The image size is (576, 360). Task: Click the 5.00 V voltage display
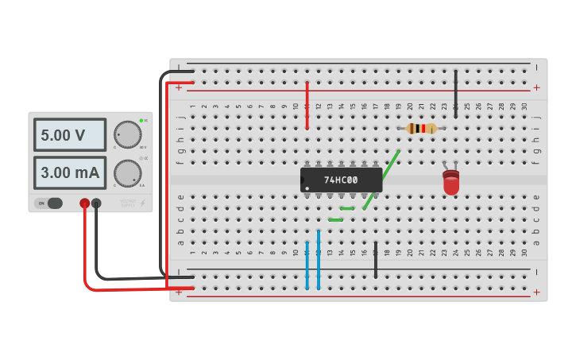(x=70, y=135)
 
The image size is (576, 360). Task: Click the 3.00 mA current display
(x=70, y=172)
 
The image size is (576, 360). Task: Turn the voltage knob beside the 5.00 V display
(x=127, y=134)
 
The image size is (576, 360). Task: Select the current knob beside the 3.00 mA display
(x=127, y=172)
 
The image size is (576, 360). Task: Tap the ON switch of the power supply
(x=49, y=203)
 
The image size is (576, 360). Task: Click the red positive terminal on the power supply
(x=84, y=203)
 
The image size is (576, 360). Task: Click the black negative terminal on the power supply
(x=96, y=203)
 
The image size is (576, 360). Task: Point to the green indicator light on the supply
(x=141, y=120)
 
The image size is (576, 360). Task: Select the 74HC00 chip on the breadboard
(x=341, y=180)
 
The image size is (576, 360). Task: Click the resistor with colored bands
(x=421, y=128)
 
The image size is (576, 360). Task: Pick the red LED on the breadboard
(x=451, y=183)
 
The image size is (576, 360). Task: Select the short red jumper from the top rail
(x=307, y=105)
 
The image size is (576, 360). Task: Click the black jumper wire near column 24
(x=455, y=94)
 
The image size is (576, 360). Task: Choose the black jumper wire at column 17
(x=376, y=260)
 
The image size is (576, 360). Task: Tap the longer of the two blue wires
(x=318, y=260)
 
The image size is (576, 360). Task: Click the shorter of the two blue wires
(x=307, y=265)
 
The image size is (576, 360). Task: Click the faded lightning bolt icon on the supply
(x=142, y=203)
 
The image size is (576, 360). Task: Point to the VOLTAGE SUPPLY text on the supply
(x=128, y=203)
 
